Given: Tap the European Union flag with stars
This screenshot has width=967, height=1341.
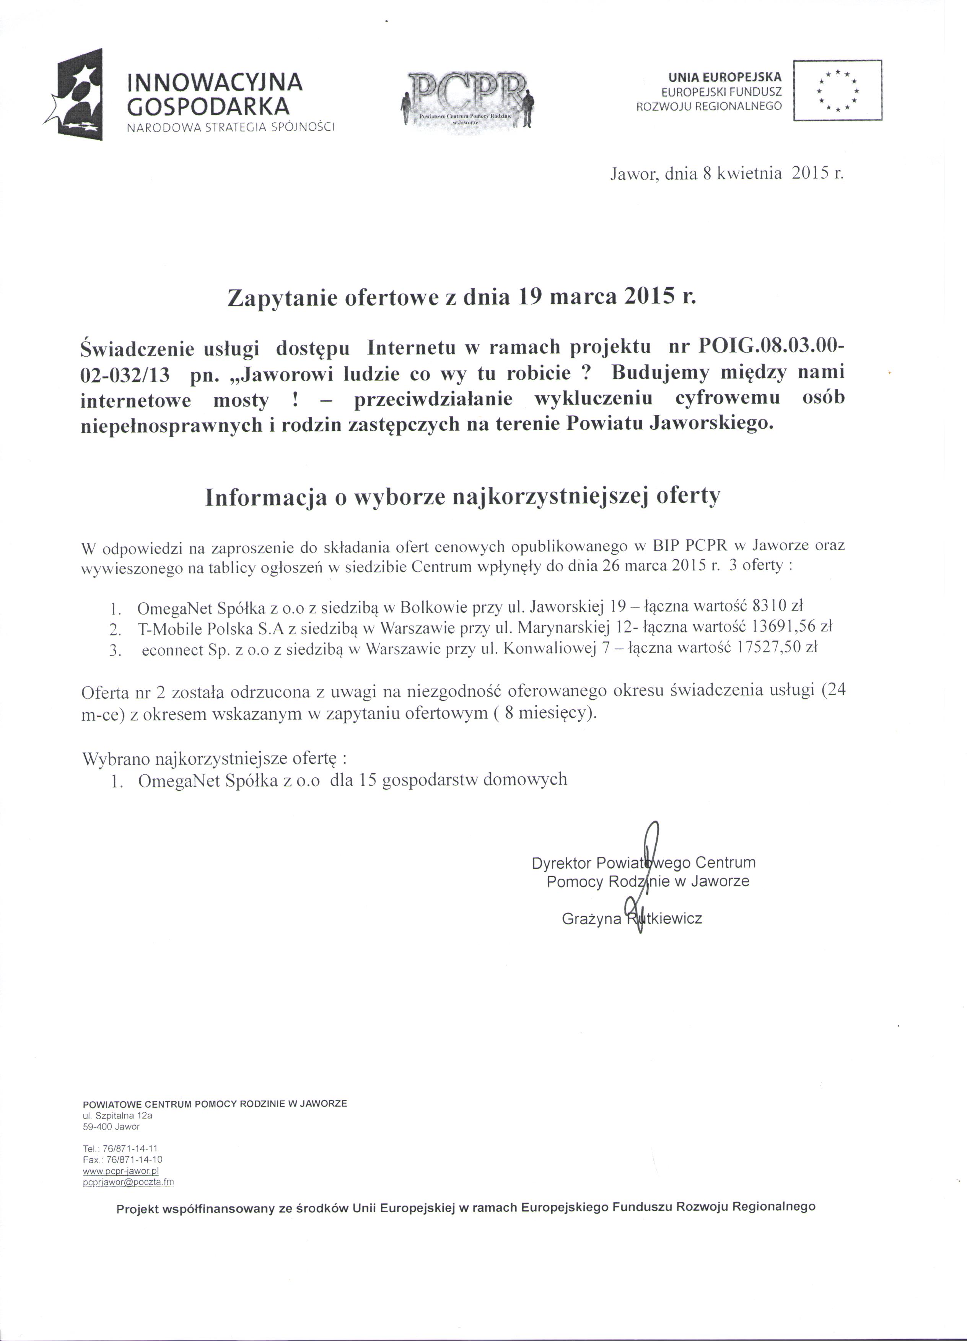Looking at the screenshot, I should click(x=837, y=91).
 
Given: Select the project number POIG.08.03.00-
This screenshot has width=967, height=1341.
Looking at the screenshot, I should click(x=771, y=348).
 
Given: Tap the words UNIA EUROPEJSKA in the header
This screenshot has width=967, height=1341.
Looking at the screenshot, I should click(x=724, y=77).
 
